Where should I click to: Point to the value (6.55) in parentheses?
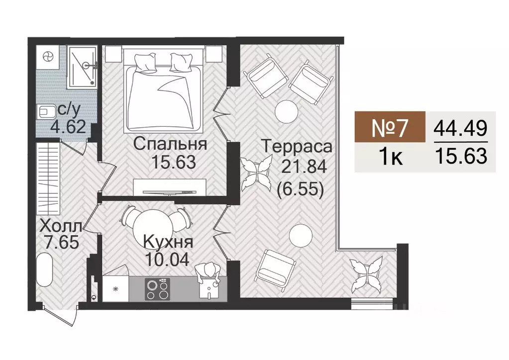pos(297,188)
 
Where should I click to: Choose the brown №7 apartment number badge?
pos(390,128)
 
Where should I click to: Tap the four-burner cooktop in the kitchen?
pos(157,289)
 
